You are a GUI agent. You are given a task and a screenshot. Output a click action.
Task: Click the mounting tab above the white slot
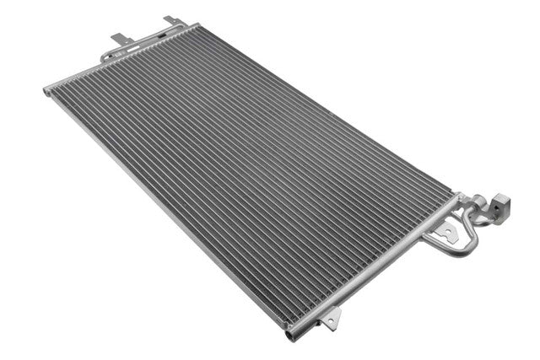point(120,38)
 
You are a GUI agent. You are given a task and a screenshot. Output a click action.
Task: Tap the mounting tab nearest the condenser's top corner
point(171,19)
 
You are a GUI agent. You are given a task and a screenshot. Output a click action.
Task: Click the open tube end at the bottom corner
point(292,336)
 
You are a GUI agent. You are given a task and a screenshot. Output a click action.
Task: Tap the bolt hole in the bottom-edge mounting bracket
point(332,319)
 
